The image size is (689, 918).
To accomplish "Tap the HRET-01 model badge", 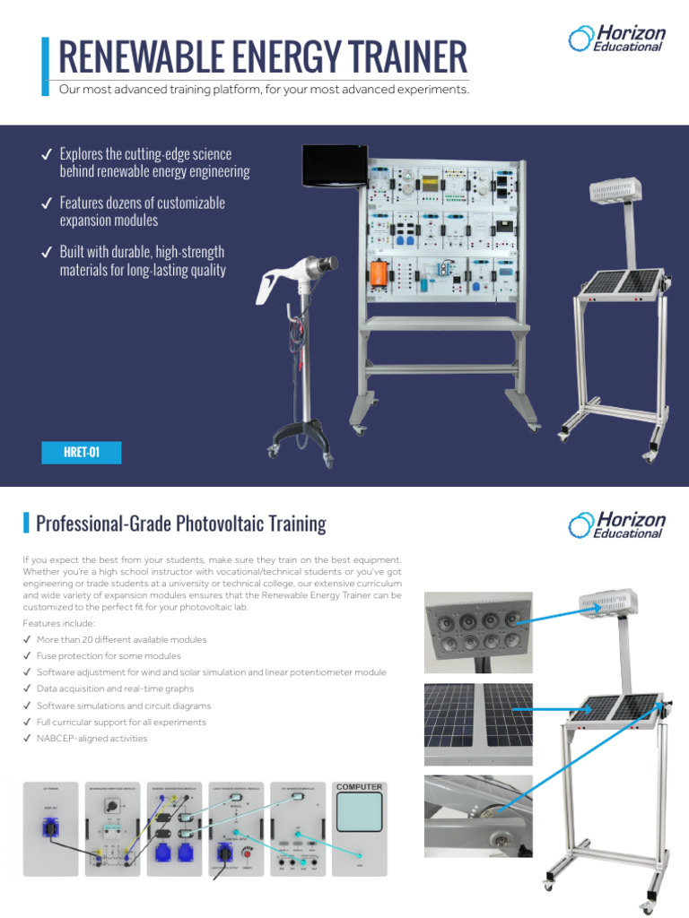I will (x=81, y=454).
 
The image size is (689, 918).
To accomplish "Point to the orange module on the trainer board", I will (x=378, y=275).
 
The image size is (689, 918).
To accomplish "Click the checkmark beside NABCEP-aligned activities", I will (x=26, y=739).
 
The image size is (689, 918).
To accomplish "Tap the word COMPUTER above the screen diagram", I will (x=359, y=787).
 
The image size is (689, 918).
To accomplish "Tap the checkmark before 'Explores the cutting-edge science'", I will (x=46, y=156).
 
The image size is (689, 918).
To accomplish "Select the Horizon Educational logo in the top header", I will (x=616, y=39).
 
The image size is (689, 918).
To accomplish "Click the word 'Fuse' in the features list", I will (x=48, y=656).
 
